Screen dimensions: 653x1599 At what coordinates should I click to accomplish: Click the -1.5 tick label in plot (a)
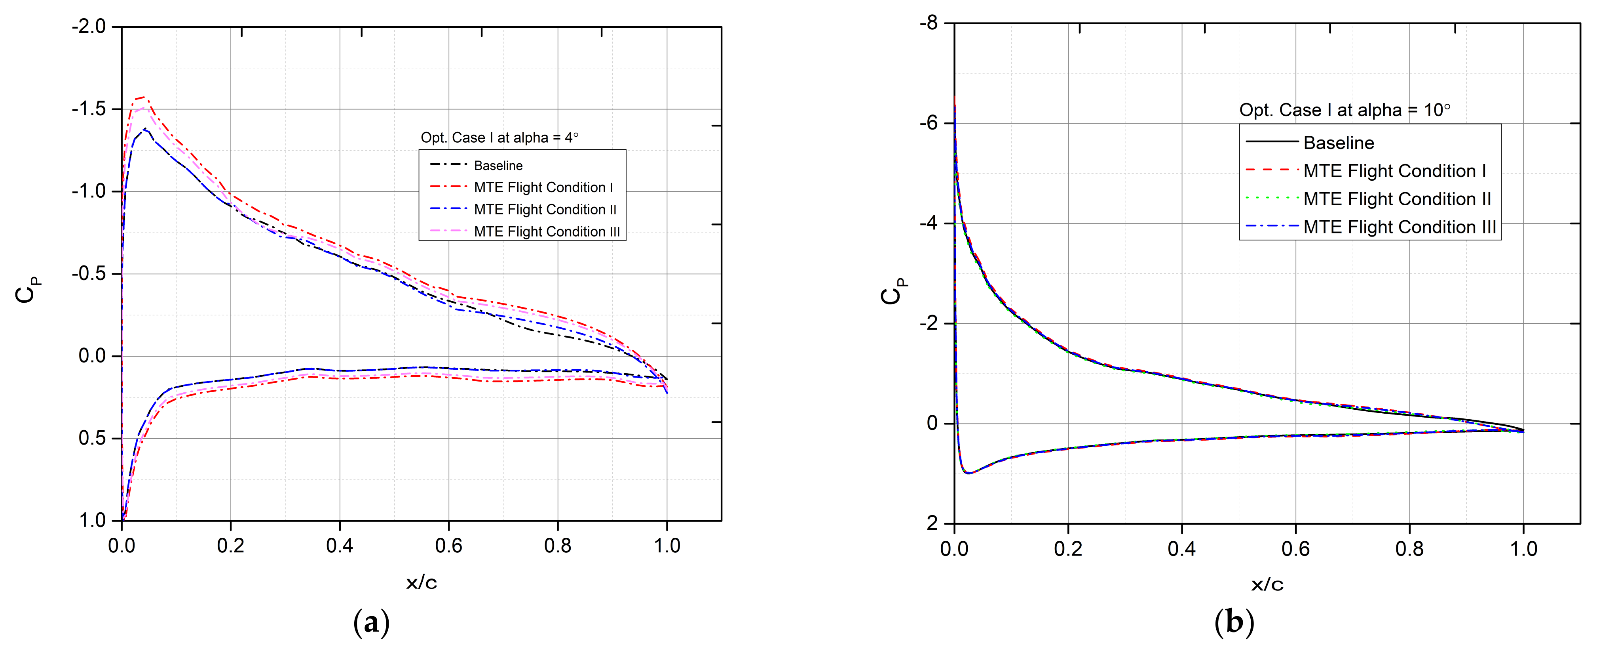88,109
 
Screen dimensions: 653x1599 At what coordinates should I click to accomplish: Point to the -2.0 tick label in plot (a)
88,27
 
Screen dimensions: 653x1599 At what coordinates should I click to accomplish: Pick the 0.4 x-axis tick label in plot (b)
1182,549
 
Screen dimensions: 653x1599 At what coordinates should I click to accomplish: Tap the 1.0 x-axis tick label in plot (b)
1523,549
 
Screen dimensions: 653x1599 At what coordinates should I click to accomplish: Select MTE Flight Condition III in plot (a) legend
546,232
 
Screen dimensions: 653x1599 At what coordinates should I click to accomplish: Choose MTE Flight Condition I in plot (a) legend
543,188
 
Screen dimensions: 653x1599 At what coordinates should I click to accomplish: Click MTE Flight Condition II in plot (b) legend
1397,199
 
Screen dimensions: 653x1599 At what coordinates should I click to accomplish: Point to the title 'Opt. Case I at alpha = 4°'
499,137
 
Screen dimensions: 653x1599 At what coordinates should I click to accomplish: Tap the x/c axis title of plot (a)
422,583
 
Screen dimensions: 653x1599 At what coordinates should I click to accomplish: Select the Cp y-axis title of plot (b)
893,291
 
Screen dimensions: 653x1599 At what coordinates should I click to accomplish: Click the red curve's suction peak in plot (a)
144,97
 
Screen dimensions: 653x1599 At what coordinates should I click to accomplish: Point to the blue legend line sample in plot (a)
448,209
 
